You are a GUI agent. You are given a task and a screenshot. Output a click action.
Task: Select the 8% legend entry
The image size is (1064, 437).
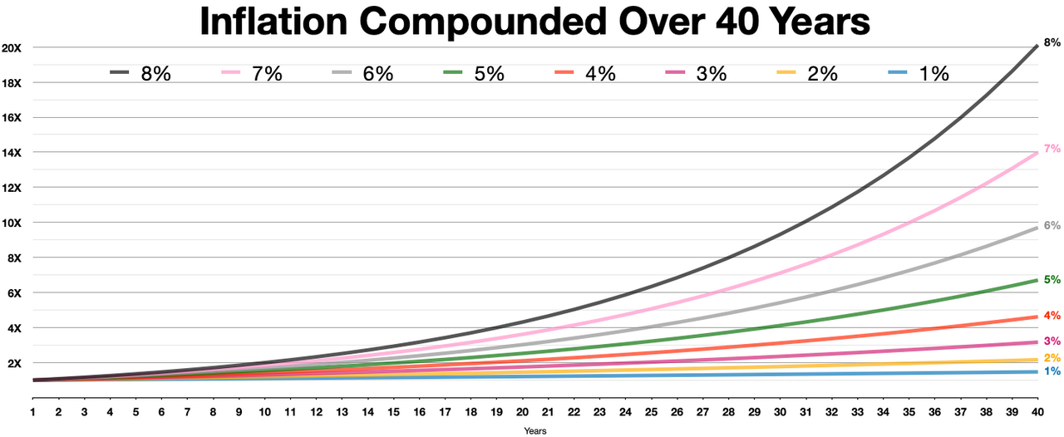pyautogui.click(x=140, y=74)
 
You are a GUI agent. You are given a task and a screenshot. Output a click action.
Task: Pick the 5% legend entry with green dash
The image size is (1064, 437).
pyautogui.click(x=473, y=74)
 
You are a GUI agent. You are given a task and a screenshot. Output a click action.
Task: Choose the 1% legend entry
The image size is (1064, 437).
pyautogui.click(x=917, y=74)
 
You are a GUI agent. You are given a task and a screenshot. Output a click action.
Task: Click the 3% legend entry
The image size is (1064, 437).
pyautogui.click(x=695, y=74)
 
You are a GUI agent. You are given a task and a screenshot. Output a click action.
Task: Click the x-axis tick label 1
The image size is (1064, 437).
pyautogui.click(x=33, y=412)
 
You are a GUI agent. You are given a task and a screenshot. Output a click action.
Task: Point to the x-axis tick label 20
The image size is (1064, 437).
pyautogui.click(x=522, y=412)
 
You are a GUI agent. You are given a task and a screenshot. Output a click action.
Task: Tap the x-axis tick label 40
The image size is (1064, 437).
pyautogui.click(x=1036, y=412)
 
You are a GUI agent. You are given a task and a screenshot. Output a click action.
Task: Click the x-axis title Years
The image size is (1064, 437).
pyautogui.click(x=535, y=430)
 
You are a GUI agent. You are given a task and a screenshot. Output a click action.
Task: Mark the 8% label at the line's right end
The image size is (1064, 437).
pyautogui.click(x=1052, y=42)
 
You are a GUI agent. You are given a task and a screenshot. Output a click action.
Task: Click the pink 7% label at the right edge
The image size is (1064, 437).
pyautogui.click(x=1052, y=149)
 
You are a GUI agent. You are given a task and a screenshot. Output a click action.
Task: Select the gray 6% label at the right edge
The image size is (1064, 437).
pyautogui.click(x=1052, y=225)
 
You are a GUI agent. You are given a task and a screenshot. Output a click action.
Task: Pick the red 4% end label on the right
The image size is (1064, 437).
pyautogui.click(x=1052, y=316)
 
